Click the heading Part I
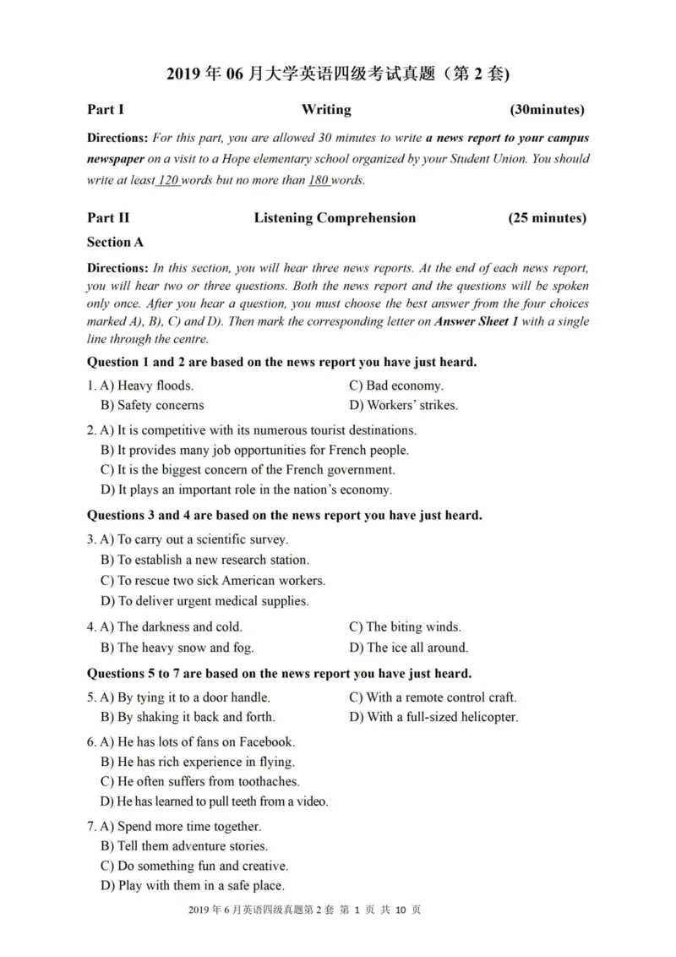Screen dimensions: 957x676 click(106, 109)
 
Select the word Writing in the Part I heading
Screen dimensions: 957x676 click(326, 109)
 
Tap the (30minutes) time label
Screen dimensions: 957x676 click(547, 109)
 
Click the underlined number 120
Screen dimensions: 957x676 click(168, 180)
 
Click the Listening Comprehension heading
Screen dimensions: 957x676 click(335, 218)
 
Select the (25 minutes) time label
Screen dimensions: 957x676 click(547, 218)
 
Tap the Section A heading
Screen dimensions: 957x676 click(116, 242)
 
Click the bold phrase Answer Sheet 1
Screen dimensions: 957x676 click(476, 321)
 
